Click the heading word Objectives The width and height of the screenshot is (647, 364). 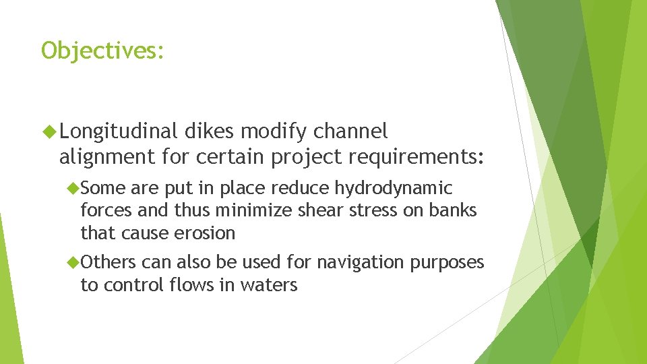tap(102, 51)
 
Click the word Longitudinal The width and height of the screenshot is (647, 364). tap(122, 130)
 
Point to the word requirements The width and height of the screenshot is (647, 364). tap(417, 157)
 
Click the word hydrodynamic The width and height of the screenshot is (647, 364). tap(394, 188)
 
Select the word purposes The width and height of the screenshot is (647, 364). tap(449, 262)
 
